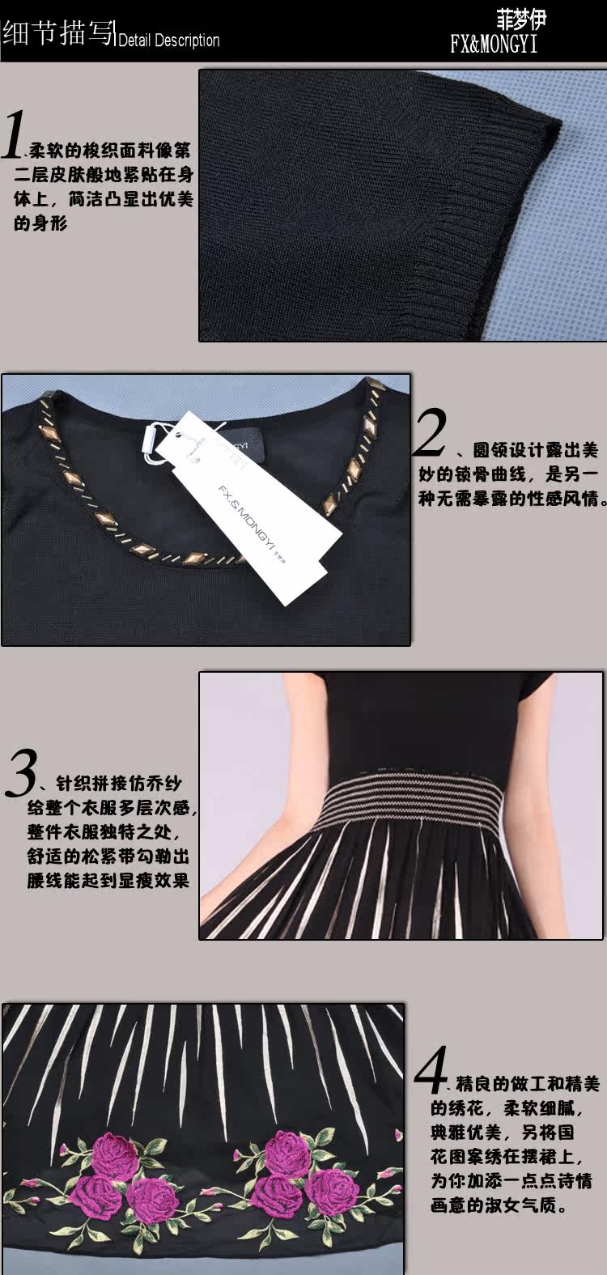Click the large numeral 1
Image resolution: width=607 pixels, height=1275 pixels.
pyautogui.click(x=12, y=134)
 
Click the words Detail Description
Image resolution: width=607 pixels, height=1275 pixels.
pyautogui.click(x=169, y=40)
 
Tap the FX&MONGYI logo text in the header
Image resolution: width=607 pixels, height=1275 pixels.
pyautogui.click(x=493, y=45)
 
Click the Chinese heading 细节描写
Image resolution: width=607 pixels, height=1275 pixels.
pyautogui.click(x=58, y=33)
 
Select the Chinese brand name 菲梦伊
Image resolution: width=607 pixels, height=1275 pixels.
pyautogui.click(x=521, y=20)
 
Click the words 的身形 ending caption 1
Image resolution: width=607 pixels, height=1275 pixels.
pyautogui.click(x=40, y=223)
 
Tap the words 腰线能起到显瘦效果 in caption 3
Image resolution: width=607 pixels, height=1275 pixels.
pyautogui.click(x=108, y=881)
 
